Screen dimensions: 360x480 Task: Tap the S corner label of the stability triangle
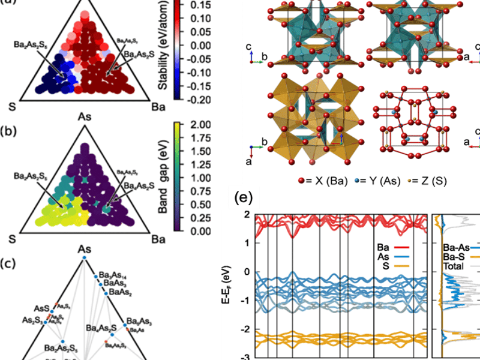click(x=11, y=106)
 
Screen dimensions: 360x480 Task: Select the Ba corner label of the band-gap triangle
click(x=158, y=239)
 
